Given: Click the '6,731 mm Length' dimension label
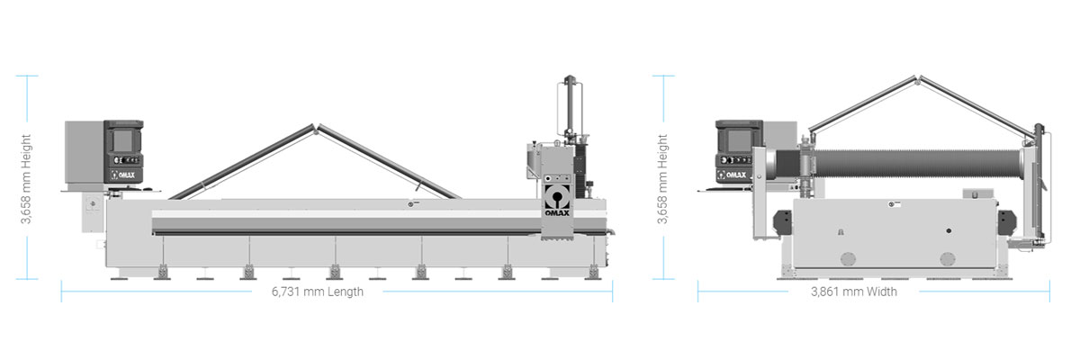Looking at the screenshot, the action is click(x=317, y=292).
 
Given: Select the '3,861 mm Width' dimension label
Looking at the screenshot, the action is click(x=854, y=292).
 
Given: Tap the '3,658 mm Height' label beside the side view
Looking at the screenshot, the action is click(x=26, y=179).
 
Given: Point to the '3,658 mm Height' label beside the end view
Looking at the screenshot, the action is click(x=662, y=179).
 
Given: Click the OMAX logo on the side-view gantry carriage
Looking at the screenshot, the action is click(x=557, y=201).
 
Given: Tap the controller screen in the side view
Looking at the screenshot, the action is click(x=123, y=140).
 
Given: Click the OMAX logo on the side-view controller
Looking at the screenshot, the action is click(x=124, y=175).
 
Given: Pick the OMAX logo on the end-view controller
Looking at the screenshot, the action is click(x=733, y=175).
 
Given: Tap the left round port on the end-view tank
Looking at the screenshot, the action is click(x=848, y=259).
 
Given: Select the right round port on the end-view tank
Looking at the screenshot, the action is click(x=948, y=259).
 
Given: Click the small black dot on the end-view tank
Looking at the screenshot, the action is click(x=949, y=230).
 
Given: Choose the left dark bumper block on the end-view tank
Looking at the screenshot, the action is click(x=782, y=223).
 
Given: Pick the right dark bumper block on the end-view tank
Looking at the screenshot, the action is click(x=1007, y=223).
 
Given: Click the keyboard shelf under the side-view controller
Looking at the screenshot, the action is click(x=111, y=191).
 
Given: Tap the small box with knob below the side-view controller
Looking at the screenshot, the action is click(x=92, y=212).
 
